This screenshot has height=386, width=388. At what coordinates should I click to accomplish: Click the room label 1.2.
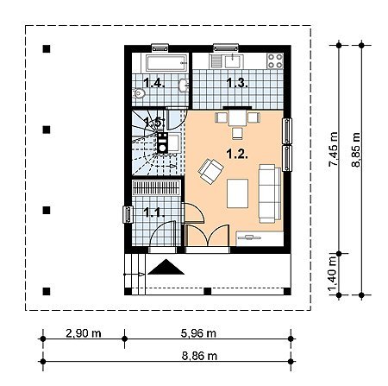coord(237,154)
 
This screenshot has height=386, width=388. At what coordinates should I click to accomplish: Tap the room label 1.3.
coord(237,83)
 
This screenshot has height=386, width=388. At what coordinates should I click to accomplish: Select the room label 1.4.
coord(154,83)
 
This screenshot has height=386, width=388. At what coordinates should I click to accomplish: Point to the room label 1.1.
coord(154,212)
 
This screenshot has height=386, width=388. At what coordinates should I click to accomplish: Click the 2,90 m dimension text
coord(84,333)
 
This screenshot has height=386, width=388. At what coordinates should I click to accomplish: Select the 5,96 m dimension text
coord(198,333)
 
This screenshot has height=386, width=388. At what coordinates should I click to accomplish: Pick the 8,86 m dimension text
coord(199,356)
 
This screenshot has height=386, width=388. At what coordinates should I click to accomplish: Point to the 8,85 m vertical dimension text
coord(356,149)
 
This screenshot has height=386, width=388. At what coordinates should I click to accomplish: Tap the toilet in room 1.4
coord(139,93)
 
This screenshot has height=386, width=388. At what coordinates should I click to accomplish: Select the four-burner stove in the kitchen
coord(275,61)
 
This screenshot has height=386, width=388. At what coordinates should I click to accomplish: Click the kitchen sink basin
coord(232,61)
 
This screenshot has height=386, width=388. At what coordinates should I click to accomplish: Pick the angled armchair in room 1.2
coord(210,171)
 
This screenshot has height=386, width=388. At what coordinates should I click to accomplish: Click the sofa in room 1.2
coord(270,193)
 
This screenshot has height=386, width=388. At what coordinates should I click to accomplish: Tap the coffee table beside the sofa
coord(237,193)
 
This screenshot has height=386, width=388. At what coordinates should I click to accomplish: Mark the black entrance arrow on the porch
coord(166,267)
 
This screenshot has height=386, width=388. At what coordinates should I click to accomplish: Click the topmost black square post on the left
coord(47,49)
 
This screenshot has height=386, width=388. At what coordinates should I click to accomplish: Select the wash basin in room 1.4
coord(183,85)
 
